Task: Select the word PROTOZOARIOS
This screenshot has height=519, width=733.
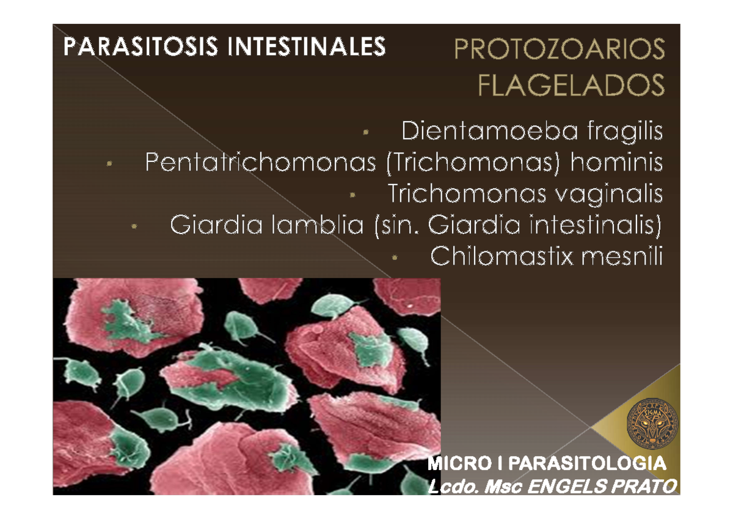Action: click(x=558, y=51)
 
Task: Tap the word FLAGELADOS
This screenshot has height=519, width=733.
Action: click(x=571, y=86)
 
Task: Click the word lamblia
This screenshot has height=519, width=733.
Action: click(x=318, y=226)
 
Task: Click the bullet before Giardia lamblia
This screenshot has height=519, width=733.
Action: click(x=134, y=227)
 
